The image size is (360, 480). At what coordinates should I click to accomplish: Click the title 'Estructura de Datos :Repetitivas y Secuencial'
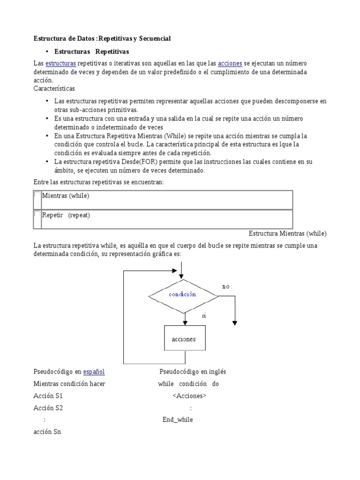tap(102, 38)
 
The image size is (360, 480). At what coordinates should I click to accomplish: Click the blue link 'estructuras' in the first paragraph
tap(60, 63)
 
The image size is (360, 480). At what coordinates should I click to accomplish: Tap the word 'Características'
tap(54, 88)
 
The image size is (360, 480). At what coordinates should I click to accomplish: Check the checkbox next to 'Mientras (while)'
tap(37, 195)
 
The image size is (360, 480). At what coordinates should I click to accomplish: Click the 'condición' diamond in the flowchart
tap(183, 295)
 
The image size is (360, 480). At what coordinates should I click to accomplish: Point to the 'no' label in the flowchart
tap(226, 286)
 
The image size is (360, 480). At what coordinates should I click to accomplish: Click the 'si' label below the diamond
tap(204, 315)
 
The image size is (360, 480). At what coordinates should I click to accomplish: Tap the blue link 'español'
tap(94, 372)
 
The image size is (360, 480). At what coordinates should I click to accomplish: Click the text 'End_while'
tap(178, 420)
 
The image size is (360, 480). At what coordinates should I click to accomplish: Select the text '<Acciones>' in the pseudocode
tap(189, 396)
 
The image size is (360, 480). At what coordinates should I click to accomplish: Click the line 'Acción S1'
tap(48, 396)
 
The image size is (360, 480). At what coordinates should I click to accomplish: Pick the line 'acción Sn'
tap(47, 432)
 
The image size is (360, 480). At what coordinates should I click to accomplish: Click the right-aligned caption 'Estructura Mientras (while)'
tap(288, 233)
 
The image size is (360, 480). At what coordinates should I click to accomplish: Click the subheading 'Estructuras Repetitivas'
tap(92, 51)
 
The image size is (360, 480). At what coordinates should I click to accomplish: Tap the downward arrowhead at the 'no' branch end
tap(235, 322)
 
